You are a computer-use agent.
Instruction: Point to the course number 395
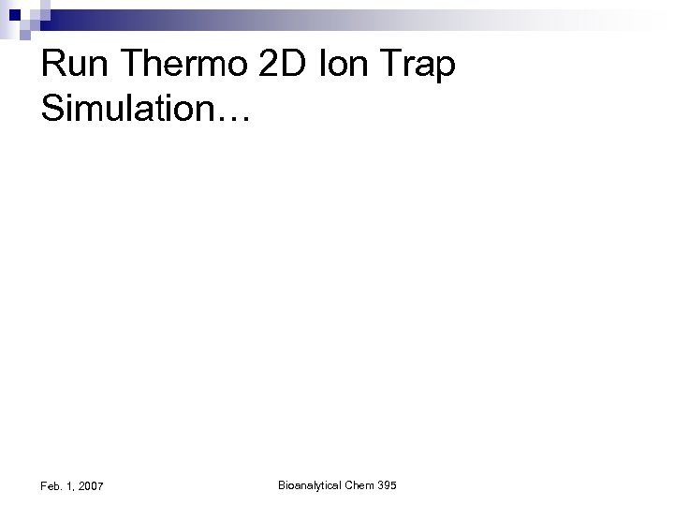coord(388,484)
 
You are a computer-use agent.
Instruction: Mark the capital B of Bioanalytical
coord(282,484)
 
